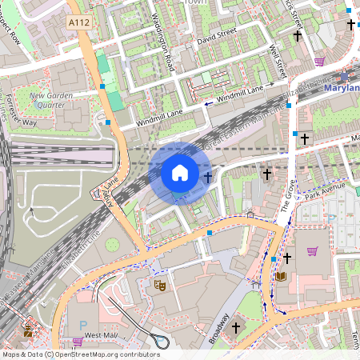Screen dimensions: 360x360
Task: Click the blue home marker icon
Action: point(180,172)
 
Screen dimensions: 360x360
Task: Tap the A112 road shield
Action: point(79,23)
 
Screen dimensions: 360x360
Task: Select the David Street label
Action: point(218,36)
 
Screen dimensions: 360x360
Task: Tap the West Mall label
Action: point(101,334)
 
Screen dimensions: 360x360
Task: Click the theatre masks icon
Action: point(160,284)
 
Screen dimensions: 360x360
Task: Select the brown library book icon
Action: point(281,277)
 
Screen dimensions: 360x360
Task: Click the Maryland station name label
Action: point(342,87)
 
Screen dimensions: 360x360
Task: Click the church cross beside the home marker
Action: point(207,177)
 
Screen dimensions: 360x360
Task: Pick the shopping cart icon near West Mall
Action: point(78,342)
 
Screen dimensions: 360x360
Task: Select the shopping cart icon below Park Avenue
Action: point(313,251)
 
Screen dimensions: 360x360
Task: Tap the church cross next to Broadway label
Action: point(235,327)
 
